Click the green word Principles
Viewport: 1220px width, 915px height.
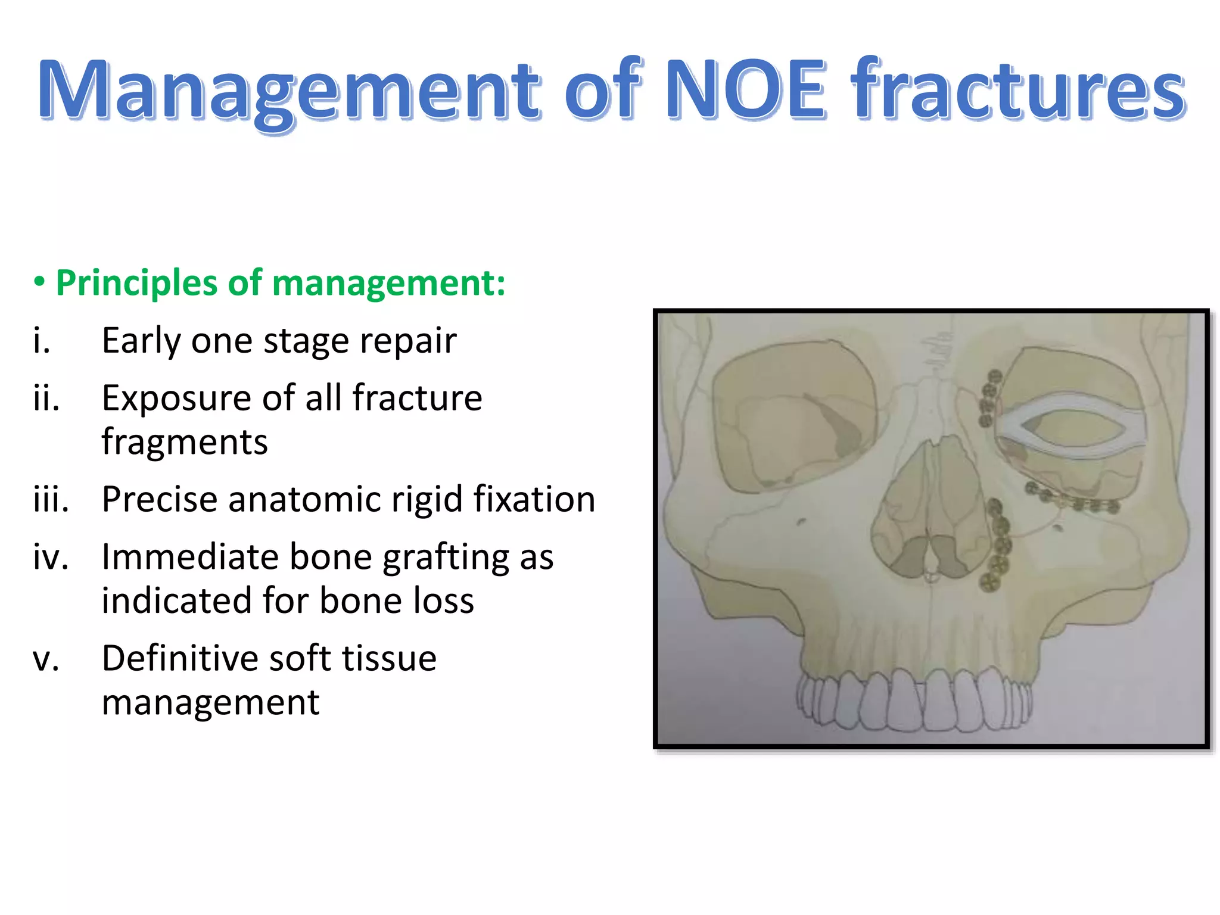(137, 282)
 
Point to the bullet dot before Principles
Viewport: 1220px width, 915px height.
(39, 281)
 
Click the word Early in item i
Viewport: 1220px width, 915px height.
(141, 341)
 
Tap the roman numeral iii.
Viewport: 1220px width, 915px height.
(51, 499)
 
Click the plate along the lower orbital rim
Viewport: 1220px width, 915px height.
(1072, 500)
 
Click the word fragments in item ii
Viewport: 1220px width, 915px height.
(185, 442)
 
